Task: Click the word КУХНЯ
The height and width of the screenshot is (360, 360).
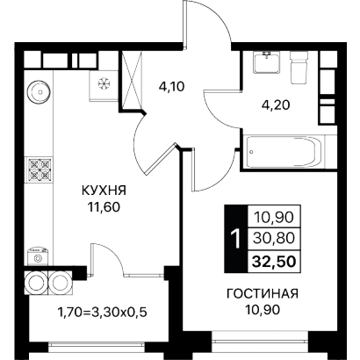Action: pyautogui.click(x=104, y=191)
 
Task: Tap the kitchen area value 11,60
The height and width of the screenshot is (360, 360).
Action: pyautogui.click(x=104, y=207)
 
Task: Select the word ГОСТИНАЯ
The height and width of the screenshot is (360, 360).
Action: pyautogui.click(x=263, y=293)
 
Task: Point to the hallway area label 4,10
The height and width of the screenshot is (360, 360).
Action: pyautogui.click(x=172, y=86)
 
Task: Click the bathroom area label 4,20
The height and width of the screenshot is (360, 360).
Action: pyautogui.click(x=276, y=104)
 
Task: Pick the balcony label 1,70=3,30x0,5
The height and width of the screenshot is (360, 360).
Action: pyautogui.click(x=103, y=313)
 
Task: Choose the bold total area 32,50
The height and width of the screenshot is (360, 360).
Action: pyautogui.click(x=274, y=262)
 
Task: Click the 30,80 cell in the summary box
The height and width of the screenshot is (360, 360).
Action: pyautogui.click(x=274, y=239)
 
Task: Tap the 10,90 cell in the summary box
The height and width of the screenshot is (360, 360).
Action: pyautogui.click(x=274, y=217)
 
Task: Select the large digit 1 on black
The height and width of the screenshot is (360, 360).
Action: pyautogui.click(x=235, y=239)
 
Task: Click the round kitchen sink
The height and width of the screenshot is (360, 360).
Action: pyautogui.click(x=40, y=92)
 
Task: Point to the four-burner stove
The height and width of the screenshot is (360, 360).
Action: pyautogui.click(x=40, y=169)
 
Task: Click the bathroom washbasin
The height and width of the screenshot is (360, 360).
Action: pyautogui.click(x=267, y=62)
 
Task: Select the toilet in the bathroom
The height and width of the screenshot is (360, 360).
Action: pyautogui.click(x=299, y=67)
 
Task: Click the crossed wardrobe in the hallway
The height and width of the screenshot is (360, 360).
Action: pyautogui.click(x=132, y=80)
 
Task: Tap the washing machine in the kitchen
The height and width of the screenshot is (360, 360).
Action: pyautogui.click(x=38, y=256)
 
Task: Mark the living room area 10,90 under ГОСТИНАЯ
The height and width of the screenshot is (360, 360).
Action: pyautogui.click(x=263, y=310)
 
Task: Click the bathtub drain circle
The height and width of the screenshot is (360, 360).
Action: pyautogui.click(x=252, y=152)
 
